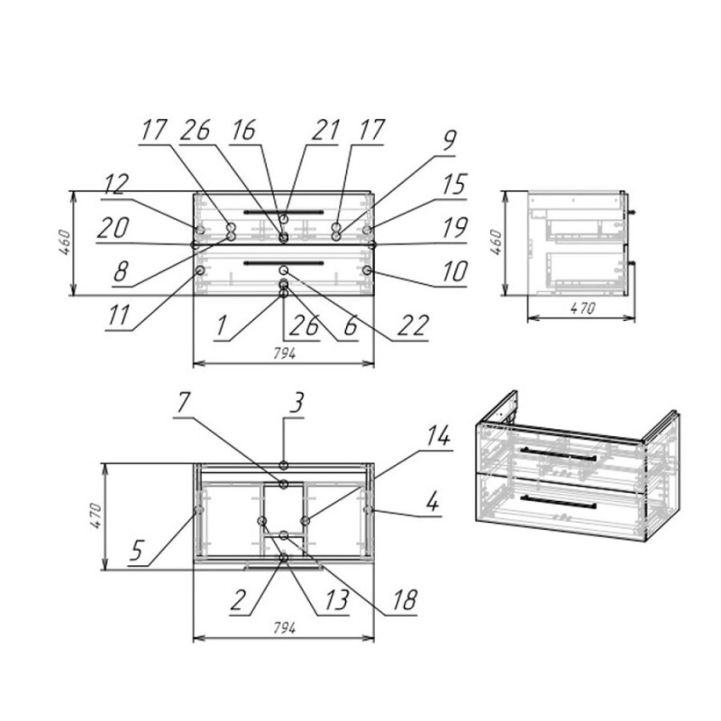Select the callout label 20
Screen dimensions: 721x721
coord(114,228)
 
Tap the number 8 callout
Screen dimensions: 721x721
coord(121,271)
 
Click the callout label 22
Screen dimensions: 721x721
coord(414,325)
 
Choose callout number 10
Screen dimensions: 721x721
coord(454,271)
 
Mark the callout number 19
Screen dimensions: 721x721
coord(454,228)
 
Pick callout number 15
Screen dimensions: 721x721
coord(454,185)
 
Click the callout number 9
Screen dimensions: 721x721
coord(449,141)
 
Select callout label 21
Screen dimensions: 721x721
coord(326,130)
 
